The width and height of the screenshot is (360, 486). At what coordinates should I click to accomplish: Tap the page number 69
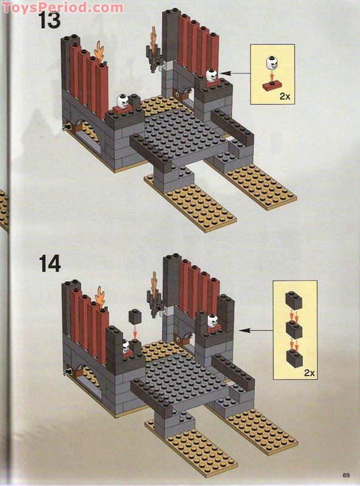[x=347, y=475]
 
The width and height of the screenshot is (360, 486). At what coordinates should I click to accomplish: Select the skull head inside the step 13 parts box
[x=271, y=63]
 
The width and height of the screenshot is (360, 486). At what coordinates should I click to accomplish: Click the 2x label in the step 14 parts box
[x=310, y=373]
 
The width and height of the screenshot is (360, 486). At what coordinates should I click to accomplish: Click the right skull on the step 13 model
[x=212, y=75]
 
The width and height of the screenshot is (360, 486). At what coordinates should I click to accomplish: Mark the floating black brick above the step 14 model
[x=135, y=316]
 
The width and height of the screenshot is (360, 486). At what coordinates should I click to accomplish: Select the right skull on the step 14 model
[x=212, y=320]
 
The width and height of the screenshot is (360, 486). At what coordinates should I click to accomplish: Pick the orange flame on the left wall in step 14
[x=101, y=298]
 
